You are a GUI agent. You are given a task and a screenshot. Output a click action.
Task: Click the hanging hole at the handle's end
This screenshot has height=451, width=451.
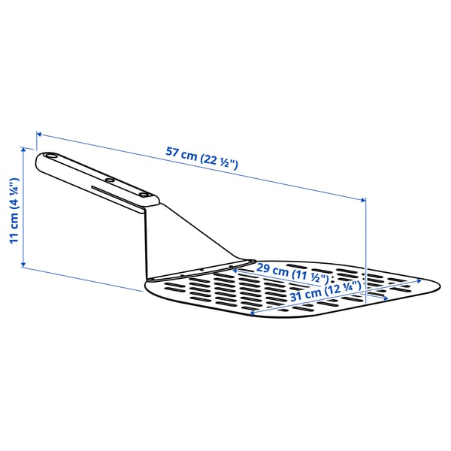(51, 157)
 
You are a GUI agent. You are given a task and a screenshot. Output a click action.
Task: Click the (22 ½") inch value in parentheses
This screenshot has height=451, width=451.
(219, 160)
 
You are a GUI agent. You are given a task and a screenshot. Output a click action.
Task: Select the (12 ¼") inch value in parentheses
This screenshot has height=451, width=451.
(343, 286)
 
